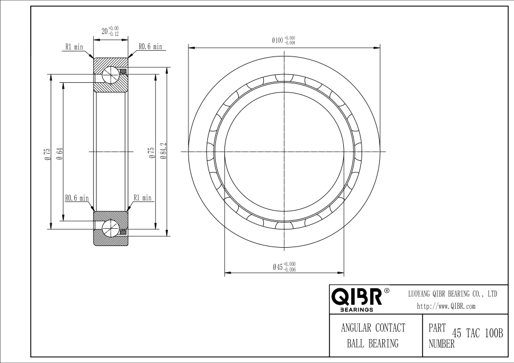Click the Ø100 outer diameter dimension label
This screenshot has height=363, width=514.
coord(283,41)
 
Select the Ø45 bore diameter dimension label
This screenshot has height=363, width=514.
coord(284,267)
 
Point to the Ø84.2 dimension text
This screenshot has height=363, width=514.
coord(164,151)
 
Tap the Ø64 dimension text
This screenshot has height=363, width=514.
coord(59,154)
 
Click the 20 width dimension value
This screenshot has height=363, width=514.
coord(105,31)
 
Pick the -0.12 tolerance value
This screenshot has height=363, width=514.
coord(114,34)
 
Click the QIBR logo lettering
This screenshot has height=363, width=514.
coord(356,296)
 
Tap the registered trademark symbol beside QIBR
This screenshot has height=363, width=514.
coord(387,291)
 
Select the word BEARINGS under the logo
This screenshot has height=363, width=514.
coord(356,309)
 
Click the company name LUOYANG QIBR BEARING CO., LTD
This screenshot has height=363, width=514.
coord(453,294)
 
